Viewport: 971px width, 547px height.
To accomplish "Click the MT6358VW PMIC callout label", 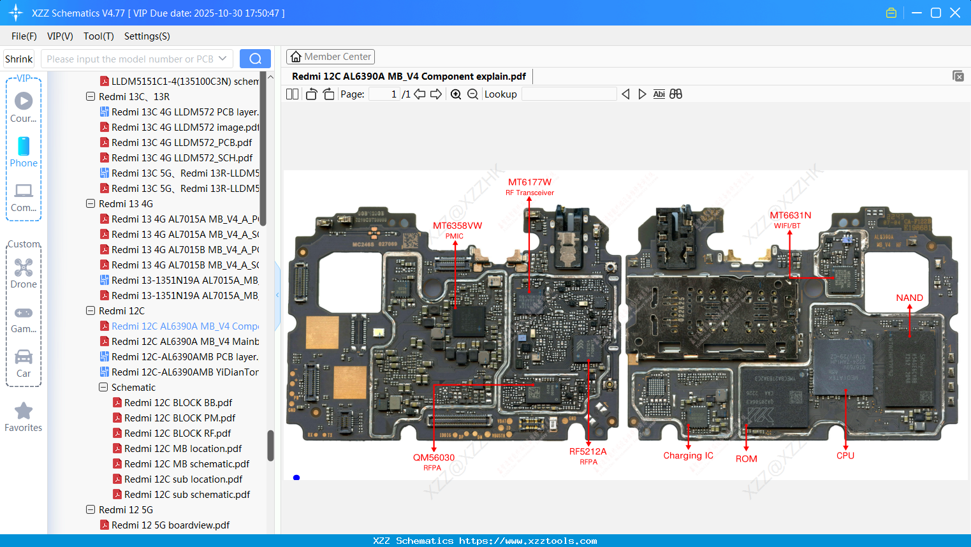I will pyautogui.click(x=457, y=230).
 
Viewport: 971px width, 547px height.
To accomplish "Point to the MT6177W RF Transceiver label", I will pyautogui.click(x=529, y=186).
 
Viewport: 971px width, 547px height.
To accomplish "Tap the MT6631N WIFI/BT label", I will pyautogui.click(x=790, y=219).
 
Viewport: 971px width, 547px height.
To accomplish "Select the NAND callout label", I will pyautogui.click(x=909, y=298).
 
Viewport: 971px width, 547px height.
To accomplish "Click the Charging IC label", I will pyautogui.click(x=688, y=455).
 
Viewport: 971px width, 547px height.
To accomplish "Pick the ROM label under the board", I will pyautogui.click(x=746, y=458).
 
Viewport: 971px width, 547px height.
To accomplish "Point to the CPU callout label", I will pyautogui.click(x=845, y=455).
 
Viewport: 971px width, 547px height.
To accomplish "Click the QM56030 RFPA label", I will pyautogui.click(x=434, y=462).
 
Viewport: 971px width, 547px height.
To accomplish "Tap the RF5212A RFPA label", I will pyautogui.click(x=588, y=455).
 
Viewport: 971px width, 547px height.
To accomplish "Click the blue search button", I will pyautogui.click(x=255, y=59).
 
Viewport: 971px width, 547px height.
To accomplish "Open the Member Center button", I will pyautogui.click(x=330, y=57).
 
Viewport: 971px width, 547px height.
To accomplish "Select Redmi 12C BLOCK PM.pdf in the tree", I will pyautogui.click(x=180, y=418).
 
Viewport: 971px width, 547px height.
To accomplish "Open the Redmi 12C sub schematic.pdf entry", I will pyautogui.click(x=187, y=494).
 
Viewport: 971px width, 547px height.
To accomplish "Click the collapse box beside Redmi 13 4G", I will pyautogui.click(x=91, y=204).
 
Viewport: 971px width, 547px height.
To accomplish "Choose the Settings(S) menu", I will pyautogui.click(x=147, y=36).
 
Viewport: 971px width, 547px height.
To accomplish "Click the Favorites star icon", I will pyautogui.click(x=24, y=411).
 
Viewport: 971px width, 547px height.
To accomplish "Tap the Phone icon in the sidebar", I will pyautogui.click(x=24, y=147).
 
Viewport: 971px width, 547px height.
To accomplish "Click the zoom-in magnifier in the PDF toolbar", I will pyautogui.click(x=456, y=94).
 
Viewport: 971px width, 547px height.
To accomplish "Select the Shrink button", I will pyautogui.click(x=18, y=59).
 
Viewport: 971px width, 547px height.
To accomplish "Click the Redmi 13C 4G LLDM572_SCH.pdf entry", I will pyautogui.click(x=182, y=157).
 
